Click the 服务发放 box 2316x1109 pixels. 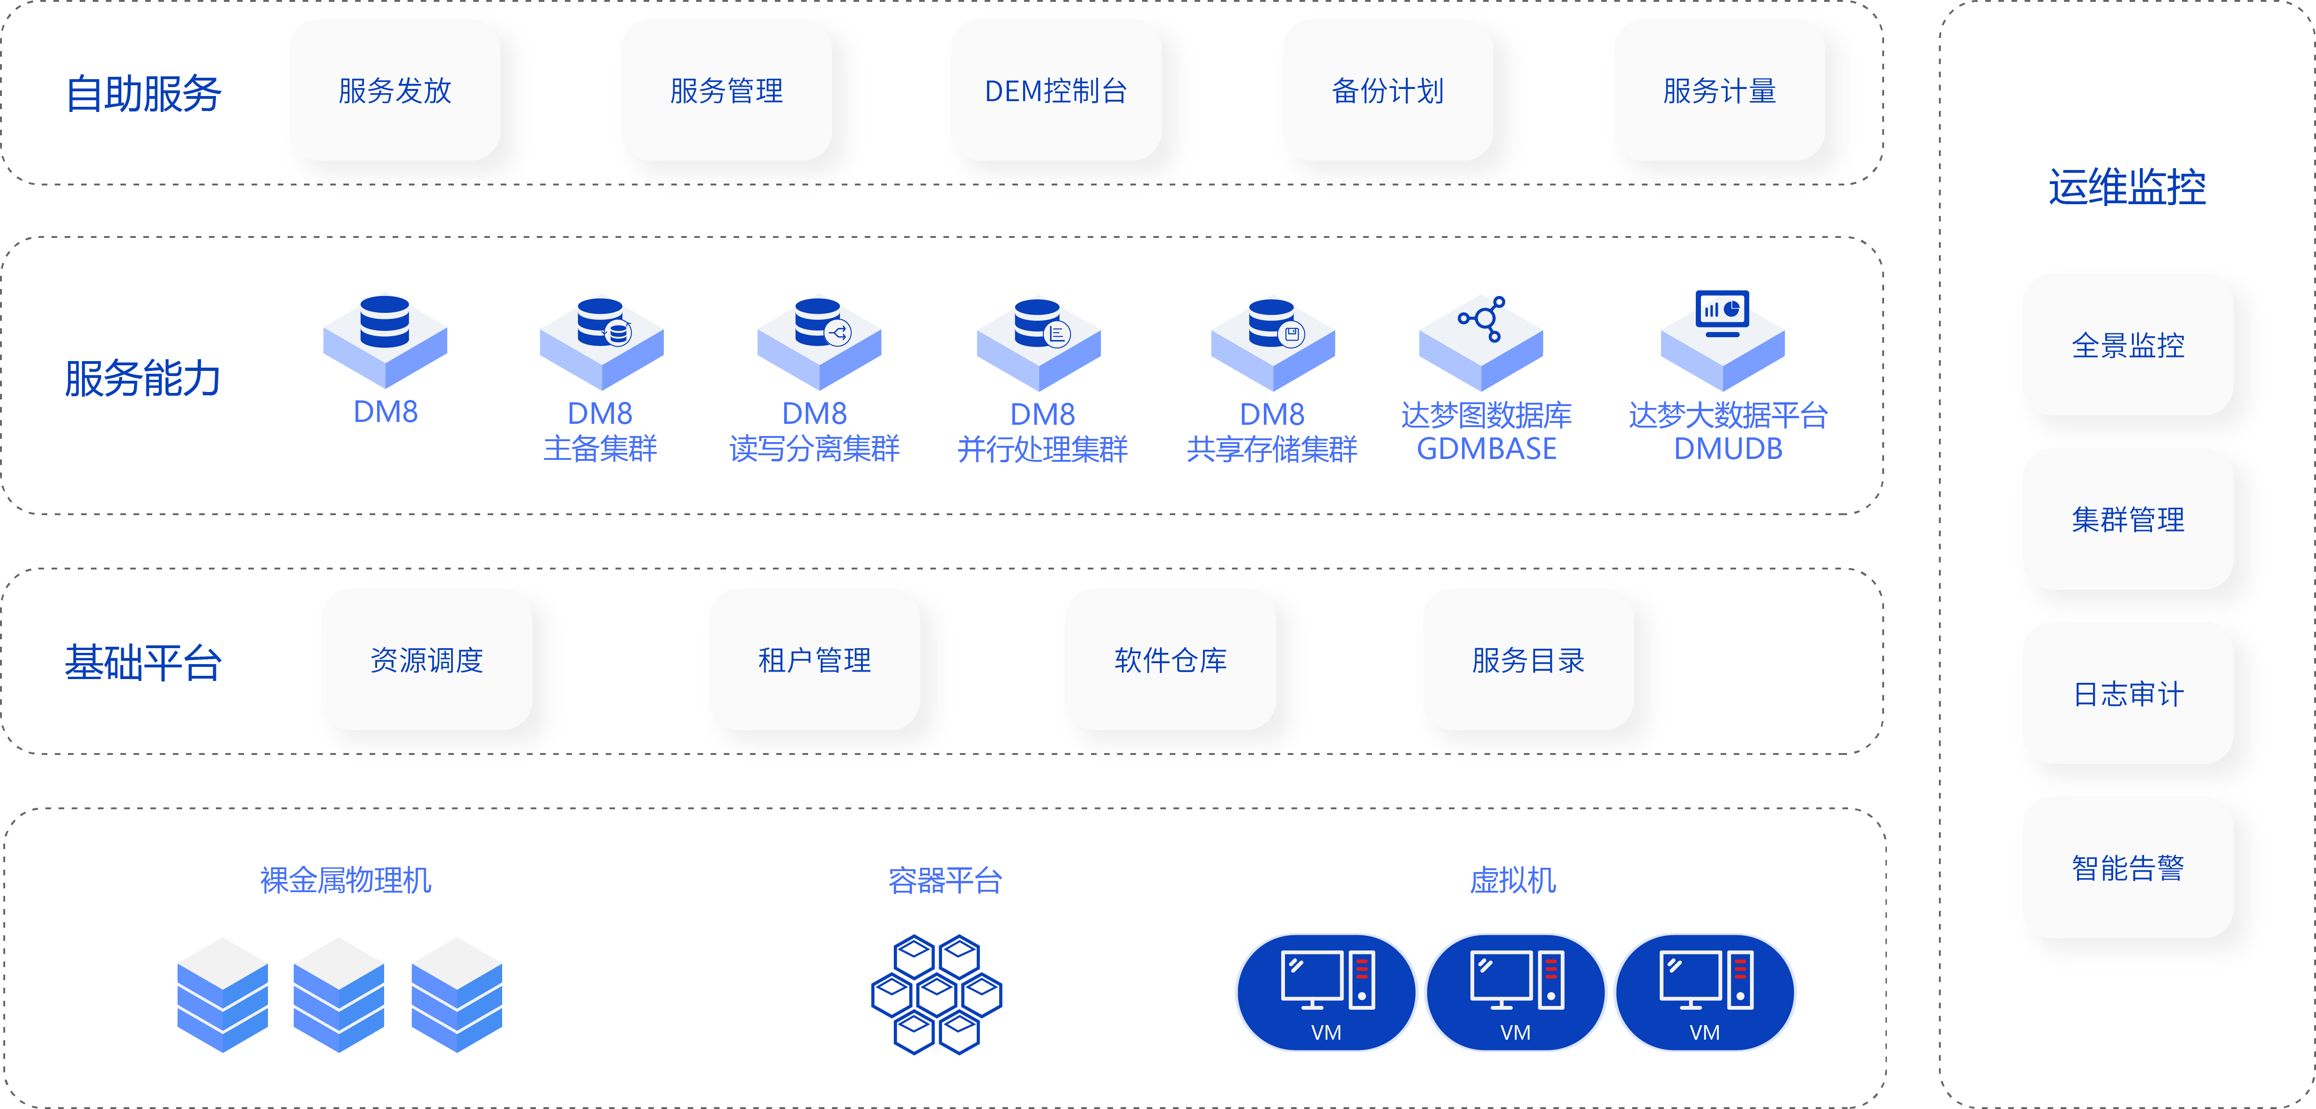pos(395,91)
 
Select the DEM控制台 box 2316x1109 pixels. pos(1055,91)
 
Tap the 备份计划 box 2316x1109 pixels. pos(1387,91)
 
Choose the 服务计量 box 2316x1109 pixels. pos(1719,91)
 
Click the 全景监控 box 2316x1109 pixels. pos(2127,345)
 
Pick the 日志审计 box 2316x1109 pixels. pos(2127,694)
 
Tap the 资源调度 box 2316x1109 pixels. pos(426,660)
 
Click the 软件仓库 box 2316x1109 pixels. pos(1170,660)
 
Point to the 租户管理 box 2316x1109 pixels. pos(814,660)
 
